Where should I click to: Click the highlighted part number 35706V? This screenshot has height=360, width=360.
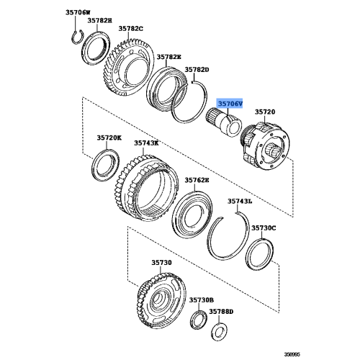click(x=232, y=104)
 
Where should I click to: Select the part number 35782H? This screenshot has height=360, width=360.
click(x=100, y=21)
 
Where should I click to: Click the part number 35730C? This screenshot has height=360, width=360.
click(x=264, y=228)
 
